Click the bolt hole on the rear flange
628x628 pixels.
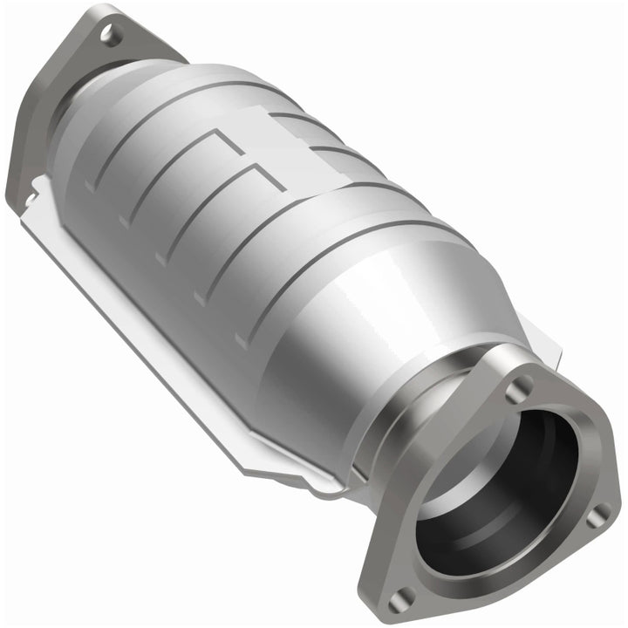tap(109, 35)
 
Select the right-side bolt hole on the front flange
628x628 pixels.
tap(596, 516)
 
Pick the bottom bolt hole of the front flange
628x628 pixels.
tap(406, 596)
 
